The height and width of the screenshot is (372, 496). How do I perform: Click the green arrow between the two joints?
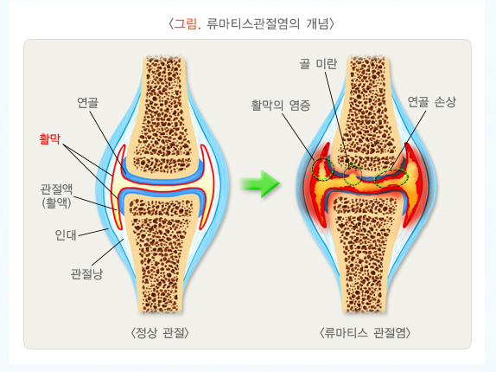click(x=260, y=184)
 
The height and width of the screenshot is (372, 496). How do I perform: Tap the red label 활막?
click(x=49, y=138)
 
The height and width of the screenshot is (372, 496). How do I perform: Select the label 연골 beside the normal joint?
click(x=87, y=103)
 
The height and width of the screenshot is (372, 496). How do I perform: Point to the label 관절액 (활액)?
click(x=57, y=196)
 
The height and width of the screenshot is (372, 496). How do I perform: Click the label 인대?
click(x=66, y=235)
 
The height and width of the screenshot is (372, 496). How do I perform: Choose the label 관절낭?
click(x=86, y=274)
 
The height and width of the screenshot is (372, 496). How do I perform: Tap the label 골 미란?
click(x=318, y=64)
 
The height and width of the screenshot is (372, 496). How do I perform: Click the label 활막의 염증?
click(x=281, y=105)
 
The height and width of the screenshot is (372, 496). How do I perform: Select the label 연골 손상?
click(x=432, y=102)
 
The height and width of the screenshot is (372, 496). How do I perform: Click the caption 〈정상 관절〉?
click(x=160, y=333)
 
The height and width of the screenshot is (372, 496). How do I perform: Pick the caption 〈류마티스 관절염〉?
click(x=366, y=333)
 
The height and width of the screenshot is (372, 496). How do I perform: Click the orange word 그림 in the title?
click(x=186, y=23)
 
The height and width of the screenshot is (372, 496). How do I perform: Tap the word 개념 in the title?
click(x=318, y=23)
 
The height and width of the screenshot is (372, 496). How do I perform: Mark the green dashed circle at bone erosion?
click(x=353, y=175)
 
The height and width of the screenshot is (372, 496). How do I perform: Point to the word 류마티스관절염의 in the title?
click(x=253, y=23)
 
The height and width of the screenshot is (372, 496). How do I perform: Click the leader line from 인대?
click(x=93, y=233)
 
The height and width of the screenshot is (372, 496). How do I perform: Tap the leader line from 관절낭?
click(x=107, y=253)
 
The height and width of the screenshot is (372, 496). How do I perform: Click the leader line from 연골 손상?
click(x=408, y=140)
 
